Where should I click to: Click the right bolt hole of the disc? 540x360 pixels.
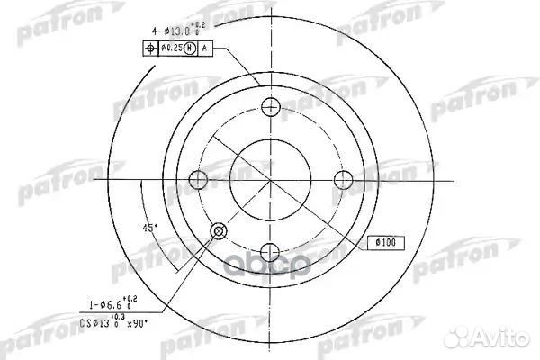tap(343, 180)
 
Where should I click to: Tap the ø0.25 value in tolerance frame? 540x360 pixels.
tap(172, 47)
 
